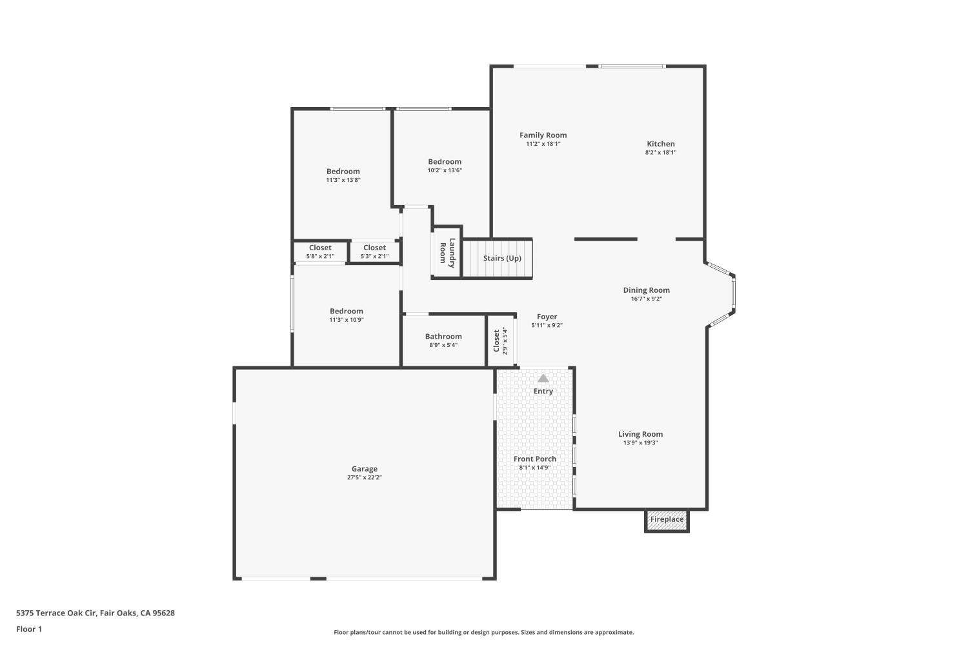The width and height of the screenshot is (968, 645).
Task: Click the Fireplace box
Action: (x=667, y=520)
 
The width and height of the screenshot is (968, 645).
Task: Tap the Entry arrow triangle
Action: (x=543, y=379)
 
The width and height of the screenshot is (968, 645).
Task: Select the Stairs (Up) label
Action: (x=502, y=259)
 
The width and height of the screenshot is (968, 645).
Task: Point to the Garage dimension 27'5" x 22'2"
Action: (x=365, y=478)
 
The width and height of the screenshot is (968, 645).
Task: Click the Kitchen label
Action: (x=661, y=144)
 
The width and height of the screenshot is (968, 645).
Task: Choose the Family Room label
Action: (x=543, y=135)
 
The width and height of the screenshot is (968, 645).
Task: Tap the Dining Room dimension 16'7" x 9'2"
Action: (x=646, y=299)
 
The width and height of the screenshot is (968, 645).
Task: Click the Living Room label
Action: (x=640, y=434)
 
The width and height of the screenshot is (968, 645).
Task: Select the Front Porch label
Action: (x=535, y=459)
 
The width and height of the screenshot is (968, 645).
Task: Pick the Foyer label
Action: (x=547, y=317)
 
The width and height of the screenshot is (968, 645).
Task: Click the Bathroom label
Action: (x=443, y=336)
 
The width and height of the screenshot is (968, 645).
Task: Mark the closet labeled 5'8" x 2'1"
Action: (x=320, y=252)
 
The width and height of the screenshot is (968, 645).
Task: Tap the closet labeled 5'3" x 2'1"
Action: (x=374, y=252)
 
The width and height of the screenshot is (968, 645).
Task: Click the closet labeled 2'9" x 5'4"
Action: (x=500, y=341)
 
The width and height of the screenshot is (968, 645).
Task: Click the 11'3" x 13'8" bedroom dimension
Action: (x=343, y=180)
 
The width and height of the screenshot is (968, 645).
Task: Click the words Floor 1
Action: (x=29, y=629)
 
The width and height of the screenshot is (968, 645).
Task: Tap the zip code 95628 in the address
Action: (x=163, y=613)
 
